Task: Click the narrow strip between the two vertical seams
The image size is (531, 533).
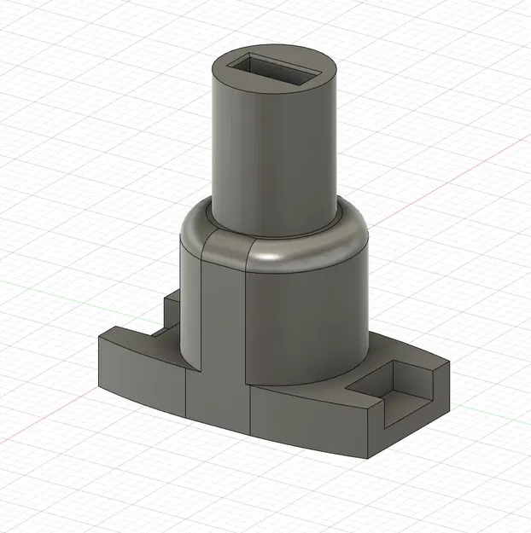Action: coord(224,316)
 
